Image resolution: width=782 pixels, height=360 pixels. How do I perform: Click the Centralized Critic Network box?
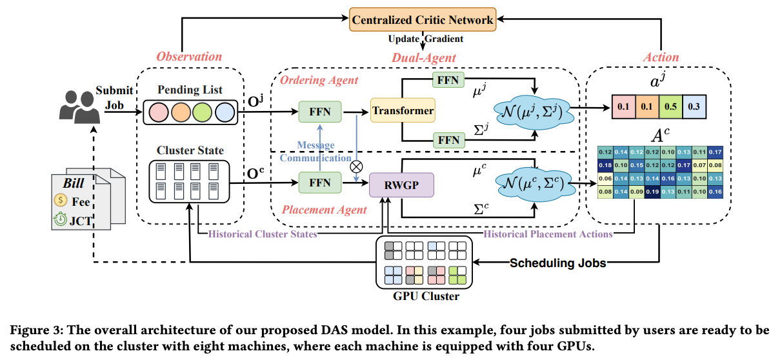pos(423,19)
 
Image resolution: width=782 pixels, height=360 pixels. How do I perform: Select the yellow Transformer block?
pos(403,110)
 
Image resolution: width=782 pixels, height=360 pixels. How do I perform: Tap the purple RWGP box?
pos(401,185)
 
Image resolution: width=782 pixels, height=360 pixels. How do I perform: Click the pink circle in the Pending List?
pos(159,112)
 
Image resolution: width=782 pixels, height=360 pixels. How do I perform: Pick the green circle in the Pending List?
pos(202,112)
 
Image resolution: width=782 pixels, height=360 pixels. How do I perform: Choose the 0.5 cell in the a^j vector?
pos(670,106)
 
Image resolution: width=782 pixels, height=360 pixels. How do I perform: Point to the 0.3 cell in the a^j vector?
pos(694,106)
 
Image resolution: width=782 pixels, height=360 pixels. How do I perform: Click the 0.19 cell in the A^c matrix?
pos(652,192)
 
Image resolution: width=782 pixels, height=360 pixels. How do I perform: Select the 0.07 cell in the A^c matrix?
pos(699,165)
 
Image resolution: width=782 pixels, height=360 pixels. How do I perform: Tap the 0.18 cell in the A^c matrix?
pos(605,165)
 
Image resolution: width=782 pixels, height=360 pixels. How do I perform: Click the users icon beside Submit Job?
pos(80,107)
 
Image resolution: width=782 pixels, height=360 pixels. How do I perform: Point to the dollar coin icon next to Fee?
pos(61,201)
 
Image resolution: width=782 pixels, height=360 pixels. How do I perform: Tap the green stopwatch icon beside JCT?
pos(61,219)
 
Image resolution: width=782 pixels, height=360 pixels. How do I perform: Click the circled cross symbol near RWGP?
pos(356,166)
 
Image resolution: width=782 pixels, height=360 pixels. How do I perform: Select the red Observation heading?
pos(189,56)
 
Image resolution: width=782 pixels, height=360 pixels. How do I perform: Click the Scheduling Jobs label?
pos(558,263)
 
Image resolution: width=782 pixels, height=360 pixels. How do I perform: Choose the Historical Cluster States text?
pos(263,234)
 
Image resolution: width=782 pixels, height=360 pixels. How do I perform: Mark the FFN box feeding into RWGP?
pos(320,183)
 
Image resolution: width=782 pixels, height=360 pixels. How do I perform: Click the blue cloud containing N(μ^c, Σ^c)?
pos(535,183)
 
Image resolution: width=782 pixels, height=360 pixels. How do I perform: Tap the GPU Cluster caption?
pos(426,296)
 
